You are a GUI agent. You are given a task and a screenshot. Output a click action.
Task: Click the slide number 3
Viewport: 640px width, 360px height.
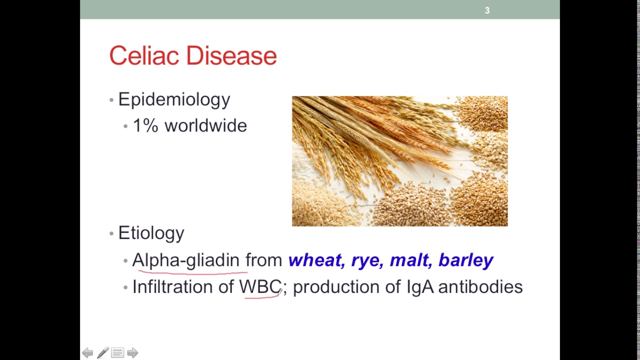click(487, 10)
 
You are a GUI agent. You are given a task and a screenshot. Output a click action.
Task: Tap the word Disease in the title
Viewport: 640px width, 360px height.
click(231, 55)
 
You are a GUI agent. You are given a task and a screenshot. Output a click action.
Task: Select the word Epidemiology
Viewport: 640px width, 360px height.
click(174, 99)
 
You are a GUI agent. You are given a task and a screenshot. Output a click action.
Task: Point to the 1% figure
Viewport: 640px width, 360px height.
click(145, 125)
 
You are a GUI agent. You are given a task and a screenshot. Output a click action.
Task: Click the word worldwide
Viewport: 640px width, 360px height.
click(205, 125)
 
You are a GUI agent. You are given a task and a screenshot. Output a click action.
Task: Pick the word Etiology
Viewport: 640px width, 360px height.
click(151, 233)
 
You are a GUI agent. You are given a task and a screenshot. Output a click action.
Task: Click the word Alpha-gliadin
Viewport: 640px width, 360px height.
click(185, 260)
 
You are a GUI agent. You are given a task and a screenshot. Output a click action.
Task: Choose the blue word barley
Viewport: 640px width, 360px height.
click(466, 260)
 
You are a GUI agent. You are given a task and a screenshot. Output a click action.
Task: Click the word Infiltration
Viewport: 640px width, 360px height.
click(172, 286)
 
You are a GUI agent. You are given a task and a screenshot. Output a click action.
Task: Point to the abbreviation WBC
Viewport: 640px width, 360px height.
click(260, 286)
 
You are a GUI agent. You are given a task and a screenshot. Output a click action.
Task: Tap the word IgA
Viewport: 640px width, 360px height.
click(420, 287)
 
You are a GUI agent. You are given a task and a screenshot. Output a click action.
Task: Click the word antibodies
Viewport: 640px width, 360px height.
click(480, 286)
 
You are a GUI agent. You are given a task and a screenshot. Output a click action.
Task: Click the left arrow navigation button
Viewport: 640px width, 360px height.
click(87, 353)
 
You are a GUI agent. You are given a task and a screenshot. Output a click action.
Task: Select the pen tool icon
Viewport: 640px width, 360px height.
click(103, 352)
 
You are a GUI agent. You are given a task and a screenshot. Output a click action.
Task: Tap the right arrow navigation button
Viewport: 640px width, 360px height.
click(132, 353)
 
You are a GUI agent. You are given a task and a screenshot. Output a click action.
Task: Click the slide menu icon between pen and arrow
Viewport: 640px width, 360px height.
click(117, 353)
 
